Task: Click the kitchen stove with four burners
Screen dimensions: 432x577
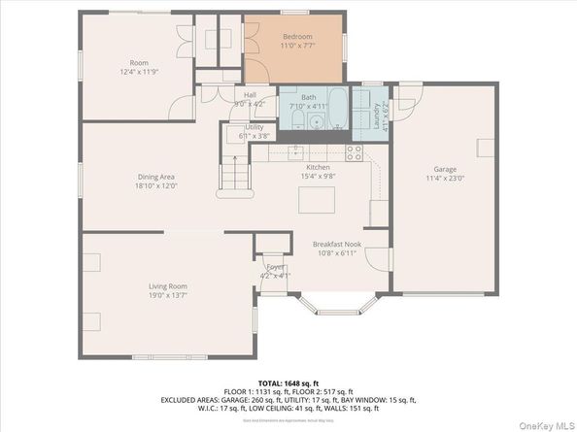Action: coord(355,152)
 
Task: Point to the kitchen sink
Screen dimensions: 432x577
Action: coord(296,151)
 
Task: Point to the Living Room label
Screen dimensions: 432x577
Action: coord(167,286)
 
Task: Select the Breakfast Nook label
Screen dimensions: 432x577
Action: coord(336,244)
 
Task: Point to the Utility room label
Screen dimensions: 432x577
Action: coord(255,127)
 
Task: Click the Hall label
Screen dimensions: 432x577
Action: coord(250,94)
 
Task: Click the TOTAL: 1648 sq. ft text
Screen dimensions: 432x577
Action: coord(288,383)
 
